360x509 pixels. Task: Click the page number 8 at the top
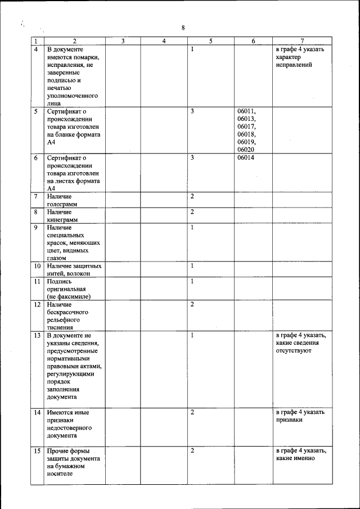[183, 28]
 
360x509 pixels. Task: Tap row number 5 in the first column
[35, 111]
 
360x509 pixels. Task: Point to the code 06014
[246, 158]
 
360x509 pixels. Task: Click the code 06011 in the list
[246, 111]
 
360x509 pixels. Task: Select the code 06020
[246, 150]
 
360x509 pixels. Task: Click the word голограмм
[62, 204]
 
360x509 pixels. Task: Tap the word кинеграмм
[62, 220]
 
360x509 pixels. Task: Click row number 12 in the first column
[37, 304]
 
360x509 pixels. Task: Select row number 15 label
[37, 451]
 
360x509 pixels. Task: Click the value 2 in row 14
[192, 412]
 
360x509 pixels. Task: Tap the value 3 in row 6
[192, 158]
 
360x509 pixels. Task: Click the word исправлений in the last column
[294, 65]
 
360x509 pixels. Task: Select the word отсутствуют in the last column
[293, 350]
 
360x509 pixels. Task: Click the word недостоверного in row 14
[70, 428]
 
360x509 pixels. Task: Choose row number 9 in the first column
[35, 227]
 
